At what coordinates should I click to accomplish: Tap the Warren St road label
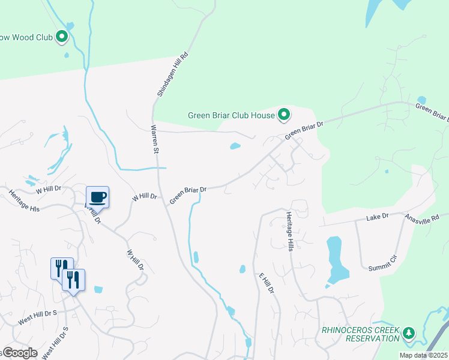[154, 139]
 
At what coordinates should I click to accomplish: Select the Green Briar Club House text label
[230, 116]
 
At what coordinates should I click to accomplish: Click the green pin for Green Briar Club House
[283, 114]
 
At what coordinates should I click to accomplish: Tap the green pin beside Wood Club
[61, 37]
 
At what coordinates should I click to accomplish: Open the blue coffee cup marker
[97, 197]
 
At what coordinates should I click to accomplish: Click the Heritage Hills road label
[289, 231]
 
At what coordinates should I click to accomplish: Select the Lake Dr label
[378, 216]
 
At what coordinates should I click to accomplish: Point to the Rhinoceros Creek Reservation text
[360, 334]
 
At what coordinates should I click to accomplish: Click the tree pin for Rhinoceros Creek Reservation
[409, 333]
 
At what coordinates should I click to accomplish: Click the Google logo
[19, 353]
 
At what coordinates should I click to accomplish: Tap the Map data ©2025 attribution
[424, 355]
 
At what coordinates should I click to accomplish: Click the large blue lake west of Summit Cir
[336, 259]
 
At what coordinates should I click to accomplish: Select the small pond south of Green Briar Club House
[235, 146]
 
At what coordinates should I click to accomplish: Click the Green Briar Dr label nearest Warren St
[187, 194]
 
